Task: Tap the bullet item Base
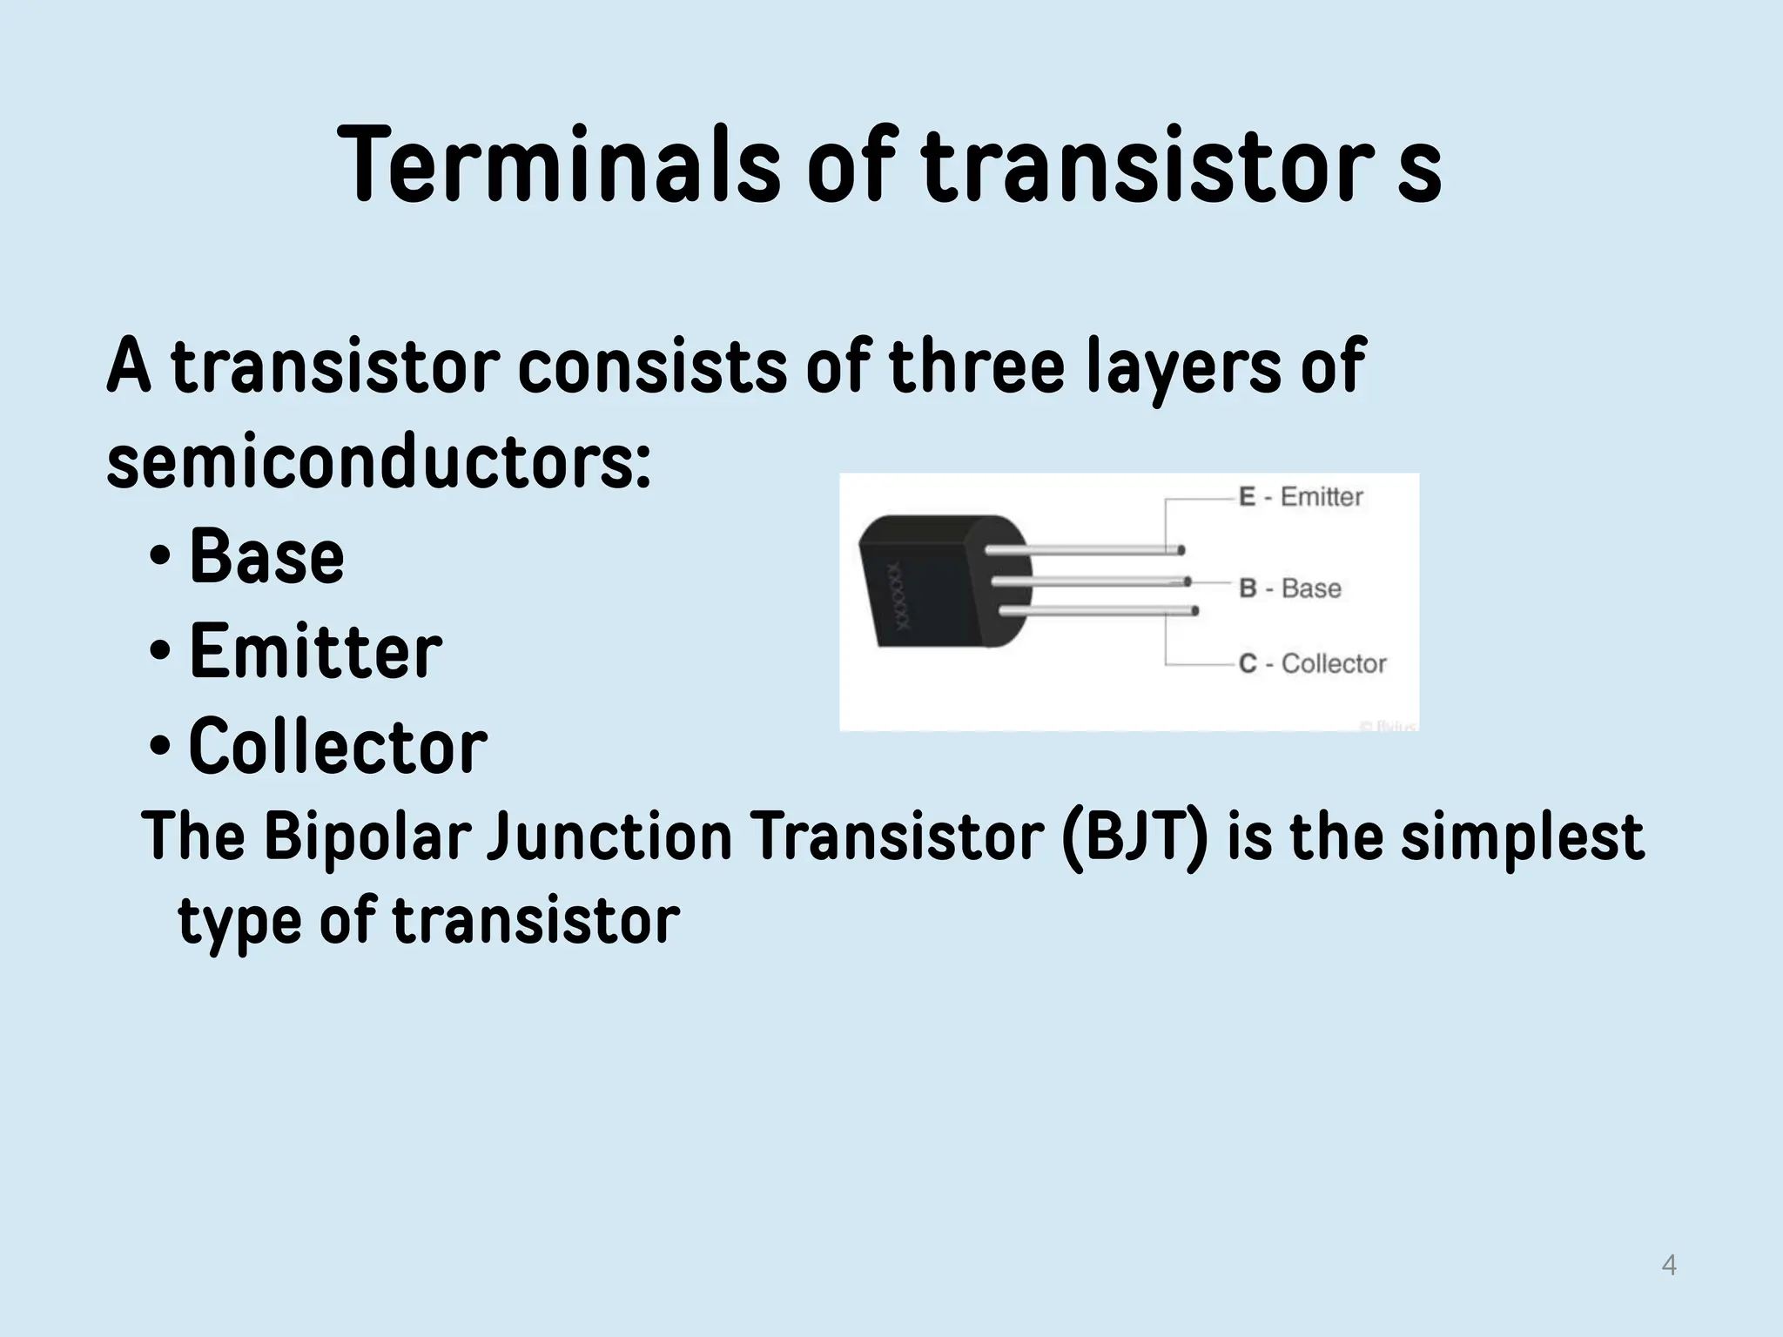point(266,557)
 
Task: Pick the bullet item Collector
point(338,746)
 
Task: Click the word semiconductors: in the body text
point(378,461)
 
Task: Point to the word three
point(976,366)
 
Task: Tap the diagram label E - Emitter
point(1301,497)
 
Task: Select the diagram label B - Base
point(1290,588)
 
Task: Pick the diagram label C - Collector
point(1312,663)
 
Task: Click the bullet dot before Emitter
point(159,650)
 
